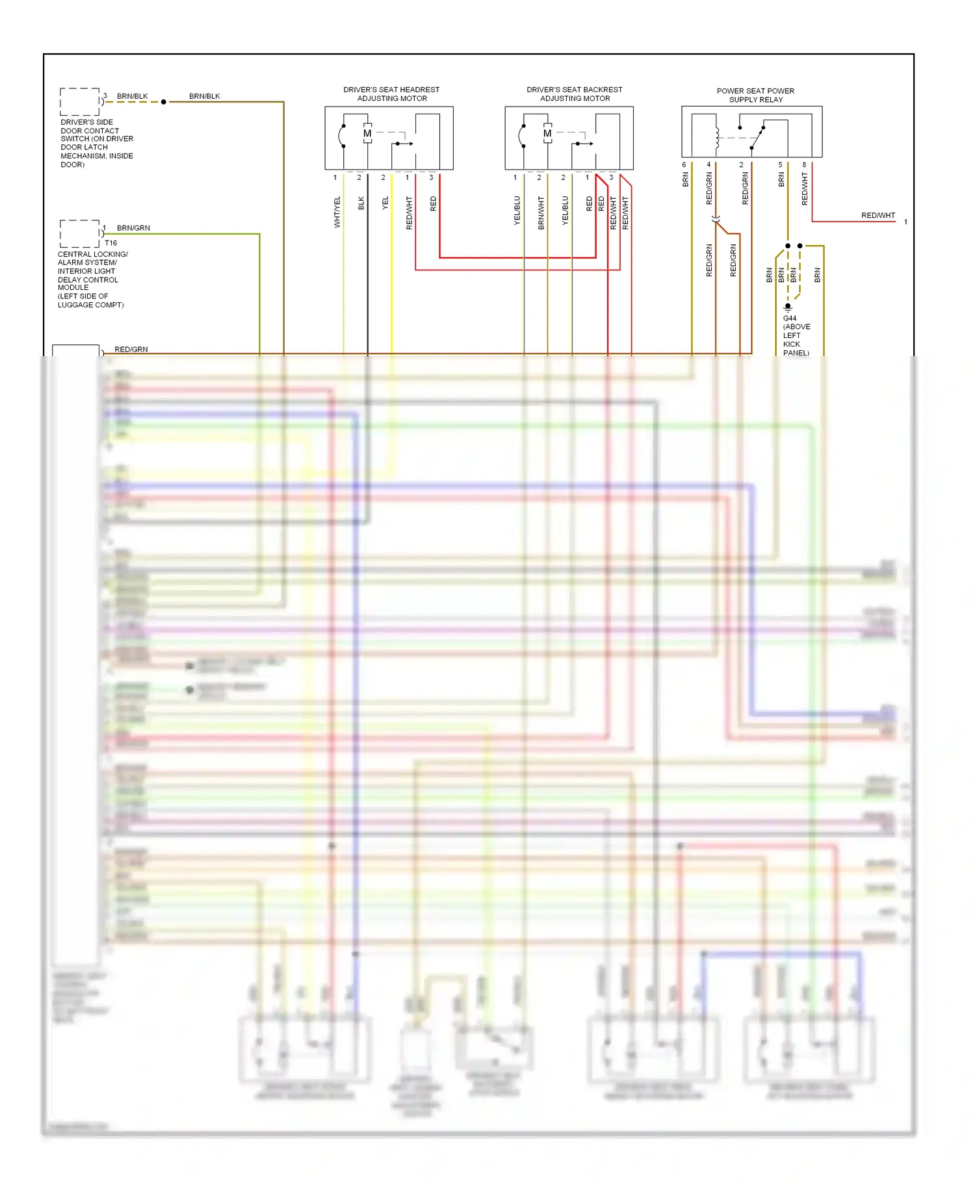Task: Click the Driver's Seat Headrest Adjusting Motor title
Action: [391, 94]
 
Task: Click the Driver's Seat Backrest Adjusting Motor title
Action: [575, 94]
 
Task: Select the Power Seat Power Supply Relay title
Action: [755, 96]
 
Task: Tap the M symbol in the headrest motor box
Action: [367, 134]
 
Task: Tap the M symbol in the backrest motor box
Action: [547, 134]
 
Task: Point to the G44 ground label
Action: [790, 318]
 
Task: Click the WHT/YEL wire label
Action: [337, 212]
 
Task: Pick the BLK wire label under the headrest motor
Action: [361, 203]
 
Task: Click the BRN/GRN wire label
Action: [133, 228]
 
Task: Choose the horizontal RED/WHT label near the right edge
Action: [877, 216]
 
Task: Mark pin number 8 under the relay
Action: [804, 165]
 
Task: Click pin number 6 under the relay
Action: [684, 165]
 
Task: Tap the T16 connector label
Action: [110, 243]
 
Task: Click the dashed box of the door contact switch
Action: [79, 102]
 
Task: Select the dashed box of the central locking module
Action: [79, 234]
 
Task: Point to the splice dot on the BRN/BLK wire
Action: [164, 102]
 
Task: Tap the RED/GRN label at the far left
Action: [131, 350]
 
